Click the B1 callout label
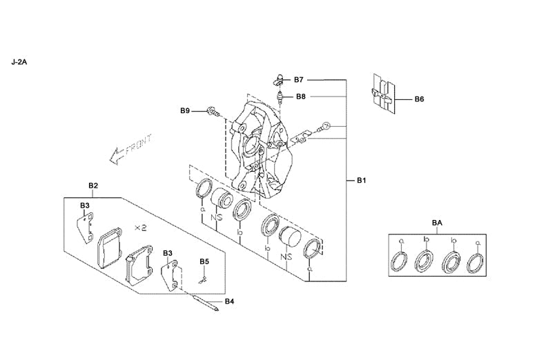click(x=361, y=181)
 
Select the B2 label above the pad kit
click(x=93, y=186)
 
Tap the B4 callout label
click(x=229, y=301)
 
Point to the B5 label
click(x=204, y=261)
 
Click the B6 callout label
click(x=419, y=99)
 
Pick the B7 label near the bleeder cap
click(x=299, y=80)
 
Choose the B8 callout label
click(x=301, y=97)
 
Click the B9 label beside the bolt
click(x=185, y=110)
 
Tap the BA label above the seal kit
click(x=437, y=223)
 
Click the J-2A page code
click(x=19, y=61)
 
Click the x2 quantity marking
click(x=140, y=227)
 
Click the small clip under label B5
click(x=202, y=279)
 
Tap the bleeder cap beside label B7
click(x=279, y=78)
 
